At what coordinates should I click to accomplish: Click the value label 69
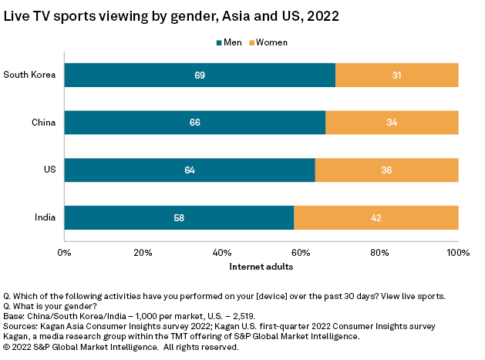(x=200, y=75)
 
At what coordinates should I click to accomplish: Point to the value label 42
(x=376, y=218)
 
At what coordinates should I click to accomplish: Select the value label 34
(x=392, y=123)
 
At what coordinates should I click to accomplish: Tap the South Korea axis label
(x=29, y=75)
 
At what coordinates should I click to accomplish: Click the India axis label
(x=43, y=218)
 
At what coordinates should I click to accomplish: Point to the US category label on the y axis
(x=49, y=170)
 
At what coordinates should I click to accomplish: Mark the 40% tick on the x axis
(x=222, y=252)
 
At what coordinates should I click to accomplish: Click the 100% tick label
(x=458, y=252)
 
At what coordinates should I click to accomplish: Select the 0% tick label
(x=65, y=252)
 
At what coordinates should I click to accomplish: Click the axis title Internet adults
(x=261, y=267)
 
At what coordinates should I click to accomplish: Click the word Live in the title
(x=19, y=15)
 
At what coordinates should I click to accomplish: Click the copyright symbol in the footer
(x=8, y=347)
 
